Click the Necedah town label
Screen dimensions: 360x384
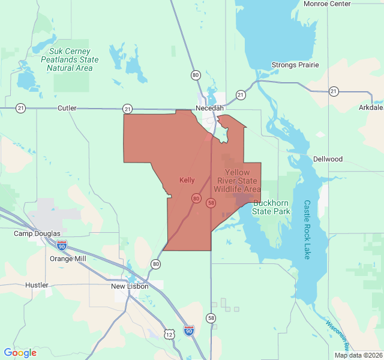(x=209, y=108)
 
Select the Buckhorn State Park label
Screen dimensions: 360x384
(x=271, y=207)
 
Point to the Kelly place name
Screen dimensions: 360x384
(x=187, y=180)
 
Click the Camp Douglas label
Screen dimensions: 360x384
(x=37, y=233)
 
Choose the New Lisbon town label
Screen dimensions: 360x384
(x=130, y=286)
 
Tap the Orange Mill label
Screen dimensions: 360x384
(x=68, y=259)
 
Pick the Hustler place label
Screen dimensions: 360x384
(x=37, y=285)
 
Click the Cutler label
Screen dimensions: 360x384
(x=67, y=108)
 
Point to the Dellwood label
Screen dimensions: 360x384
(x=328, y=159)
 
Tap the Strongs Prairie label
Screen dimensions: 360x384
(x=295, y=65)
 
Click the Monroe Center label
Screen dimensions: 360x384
(x=327, y=4)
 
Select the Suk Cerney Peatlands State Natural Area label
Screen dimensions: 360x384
(x=70, y=59)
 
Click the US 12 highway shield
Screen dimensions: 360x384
(x=170, y=333)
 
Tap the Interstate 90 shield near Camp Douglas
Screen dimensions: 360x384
(x=62, y=245)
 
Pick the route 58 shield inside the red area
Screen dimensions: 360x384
(x=211, y=203)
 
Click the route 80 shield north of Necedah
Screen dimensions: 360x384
(x=196, y=75)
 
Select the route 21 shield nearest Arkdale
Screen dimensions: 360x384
(x=334, y=91)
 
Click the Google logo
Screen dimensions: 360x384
(x=20, y=353)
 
